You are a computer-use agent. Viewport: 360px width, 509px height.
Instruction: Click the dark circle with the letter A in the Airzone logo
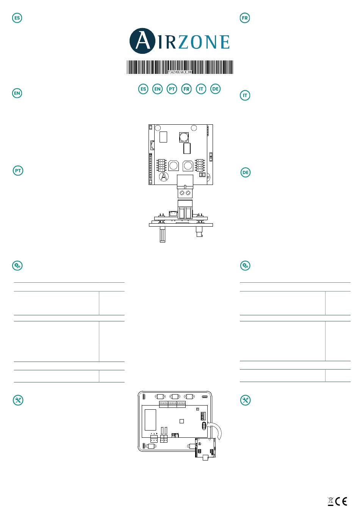pyautogui.click(x=142, y=41)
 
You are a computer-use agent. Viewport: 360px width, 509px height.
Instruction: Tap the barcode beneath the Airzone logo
pyautogui.click(x=180, y=67)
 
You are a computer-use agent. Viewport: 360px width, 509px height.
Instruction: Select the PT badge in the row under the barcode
pyautogui.click(x=172, y=89)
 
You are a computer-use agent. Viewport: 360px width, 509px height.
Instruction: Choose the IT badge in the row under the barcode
pyautogui.click(x=201, y=89)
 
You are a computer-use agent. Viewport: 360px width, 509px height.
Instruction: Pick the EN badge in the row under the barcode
pyautogui.click(x=157, y=89)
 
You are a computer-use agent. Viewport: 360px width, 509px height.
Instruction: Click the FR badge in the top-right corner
pyautogui.click(x=245, y=18)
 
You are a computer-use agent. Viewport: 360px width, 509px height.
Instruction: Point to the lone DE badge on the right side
pyautogui.click(x=246, y=172)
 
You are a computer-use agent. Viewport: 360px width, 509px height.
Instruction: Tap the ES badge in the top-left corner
pyautogui.click(x=17, y=18)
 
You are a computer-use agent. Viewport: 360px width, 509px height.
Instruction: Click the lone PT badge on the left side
pyautogui.click(x=18, y=171)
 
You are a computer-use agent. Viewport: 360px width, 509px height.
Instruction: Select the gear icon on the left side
pyautogui.click(x=17, y=266)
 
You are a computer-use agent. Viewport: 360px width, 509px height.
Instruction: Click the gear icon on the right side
pyautogui.click(x=245, y=266)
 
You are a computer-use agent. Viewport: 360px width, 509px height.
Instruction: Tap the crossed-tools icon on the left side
pyautogui.click(x=18, y=400)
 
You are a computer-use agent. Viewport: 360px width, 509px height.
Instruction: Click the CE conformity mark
pyautogui.click(x=342, y=501)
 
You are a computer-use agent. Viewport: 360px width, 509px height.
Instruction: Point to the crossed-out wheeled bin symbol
pyautogui.click(x=330, y=501)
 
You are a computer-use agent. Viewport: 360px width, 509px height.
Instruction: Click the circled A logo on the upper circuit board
pyautogui.click(x=163, y=177)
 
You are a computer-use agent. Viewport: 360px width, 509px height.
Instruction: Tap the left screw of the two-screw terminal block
pyautogui.click(x=182, y=193)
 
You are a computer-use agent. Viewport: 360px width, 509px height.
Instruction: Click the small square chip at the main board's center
pyautogui.click(x=182, y=421)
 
